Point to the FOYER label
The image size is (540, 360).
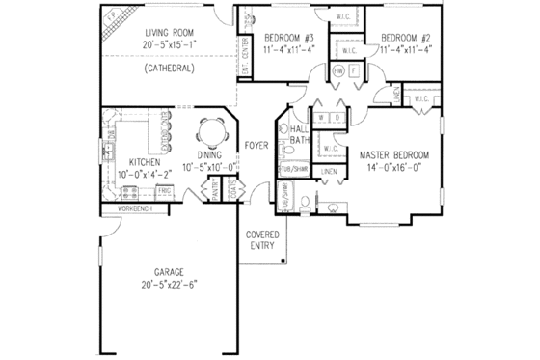click(x=256, y=146)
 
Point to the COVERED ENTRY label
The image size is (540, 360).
click(x=263, y=240)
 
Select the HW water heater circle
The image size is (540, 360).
click(x=338, y=71)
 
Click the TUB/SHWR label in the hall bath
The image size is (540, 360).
click(x=292, y=170)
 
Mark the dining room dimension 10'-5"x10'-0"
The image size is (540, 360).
click(x=218, y=166)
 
